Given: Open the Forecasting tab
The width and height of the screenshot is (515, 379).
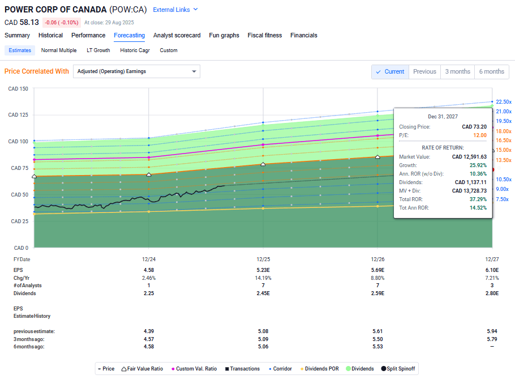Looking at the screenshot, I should (129, 35).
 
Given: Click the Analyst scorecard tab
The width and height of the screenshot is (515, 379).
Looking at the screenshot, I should (177, 35).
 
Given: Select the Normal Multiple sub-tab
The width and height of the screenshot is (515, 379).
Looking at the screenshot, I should (59, 50).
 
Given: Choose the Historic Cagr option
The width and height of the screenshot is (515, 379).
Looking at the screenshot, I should (135, 50).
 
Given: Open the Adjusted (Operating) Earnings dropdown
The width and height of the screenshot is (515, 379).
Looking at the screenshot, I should (136, 71).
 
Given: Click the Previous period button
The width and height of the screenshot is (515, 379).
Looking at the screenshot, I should (424, 71).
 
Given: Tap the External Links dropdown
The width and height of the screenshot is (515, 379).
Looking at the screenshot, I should (175, 10).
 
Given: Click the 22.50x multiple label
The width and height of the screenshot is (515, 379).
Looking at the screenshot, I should (503, 102).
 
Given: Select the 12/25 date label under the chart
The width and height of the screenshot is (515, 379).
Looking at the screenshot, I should (263, 259).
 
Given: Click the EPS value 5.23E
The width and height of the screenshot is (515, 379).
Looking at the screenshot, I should (263, 270).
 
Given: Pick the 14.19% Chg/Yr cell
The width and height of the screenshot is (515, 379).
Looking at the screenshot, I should (263, 278).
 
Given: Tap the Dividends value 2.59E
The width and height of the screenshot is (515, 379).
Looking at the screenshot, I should (377, 293).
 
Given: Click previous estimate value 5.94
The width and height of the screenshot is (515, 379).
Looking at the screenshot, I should (492, 331).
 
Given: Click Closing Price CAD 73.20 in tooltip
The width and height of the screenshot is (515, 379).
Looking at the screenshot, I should (474, 127).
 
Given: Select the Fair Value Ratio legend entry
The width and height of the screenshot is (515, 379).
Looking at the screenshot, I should (142, 369).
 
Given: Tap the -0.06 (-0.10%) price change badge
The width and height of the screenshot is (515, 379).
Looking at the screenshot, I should (62, 22).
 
